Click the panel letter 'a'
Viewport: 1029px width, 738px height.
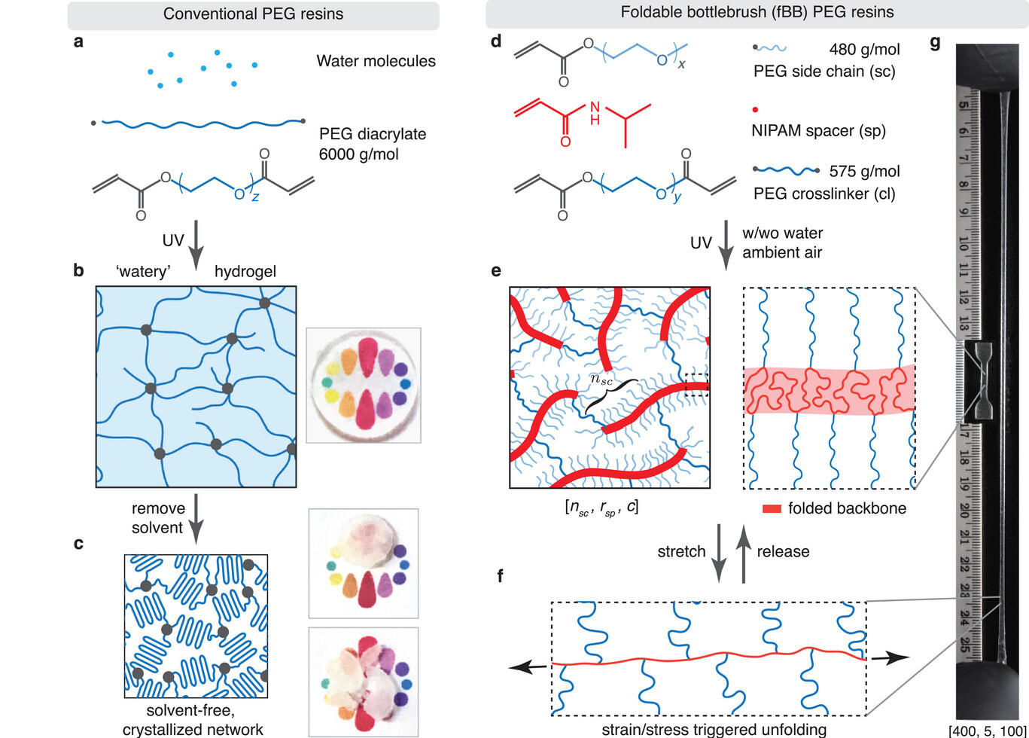point(78,42)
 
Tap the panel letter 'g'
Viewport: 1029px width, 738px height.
point(935,42)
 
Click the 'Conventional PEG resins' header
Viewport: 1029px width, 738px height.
point(253,14)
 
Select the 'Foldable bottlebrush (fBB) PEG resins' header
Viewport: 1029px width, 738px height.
point(757,13)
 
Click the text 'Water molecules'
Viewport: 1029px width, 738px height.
point(376,61)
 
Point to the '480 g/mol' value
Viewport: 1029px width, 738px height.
point(864,50)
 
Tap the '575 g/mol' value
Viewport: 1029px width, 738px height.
point(864,172)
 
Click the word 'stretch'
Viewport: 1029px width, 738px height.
point(681,551)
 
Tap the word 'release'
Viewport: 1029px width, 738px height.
point(783,551)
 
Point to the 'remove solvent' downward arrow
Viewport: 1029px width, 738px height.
point(196,518)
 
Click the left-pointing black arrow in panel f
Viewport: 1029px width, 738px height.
point(526,666)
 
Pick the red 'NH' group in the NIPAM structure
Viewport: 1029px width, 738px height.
point(595,111)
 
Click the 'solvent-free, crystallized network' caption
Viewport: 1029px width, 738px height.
point(193,720)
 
